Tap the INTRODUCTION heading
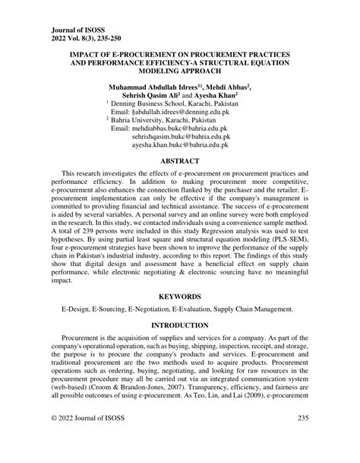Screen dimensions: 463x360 pos(179,325)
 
